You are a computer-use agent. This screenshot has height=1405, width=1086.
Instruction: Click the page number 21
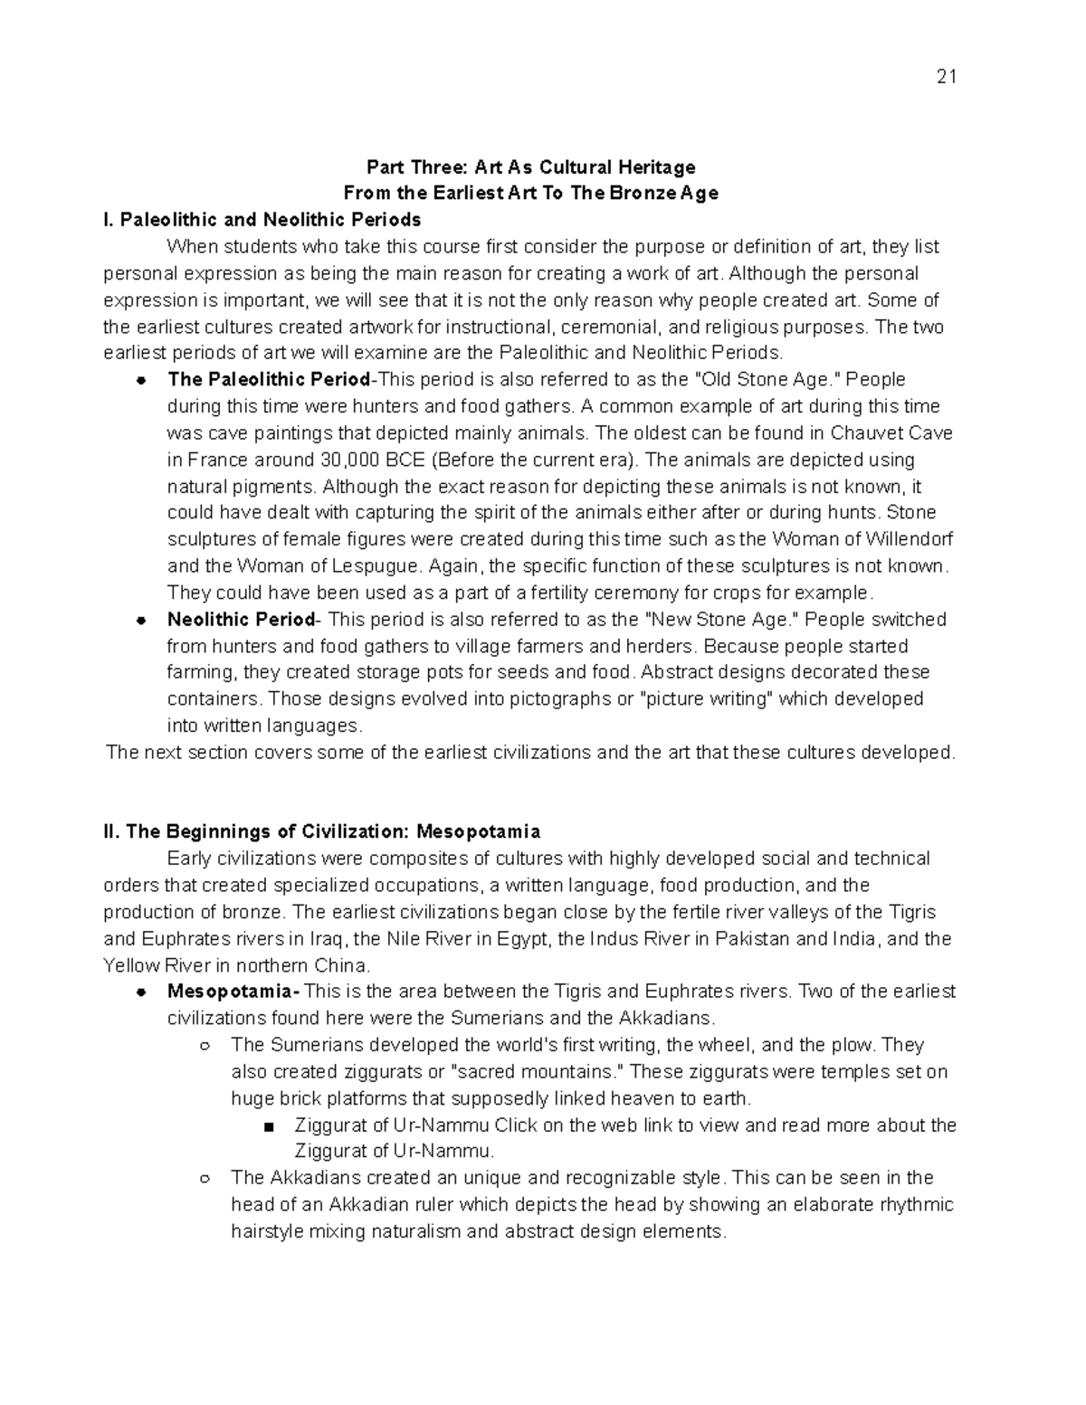[x=946, y=77]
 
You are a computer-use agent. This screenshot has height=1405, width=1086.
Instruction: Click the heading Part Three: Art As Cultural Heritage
[x=530, y=167]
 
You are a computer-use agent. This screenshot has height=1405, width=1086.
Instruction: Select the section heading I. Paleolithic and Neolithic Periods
[x=262, y=220]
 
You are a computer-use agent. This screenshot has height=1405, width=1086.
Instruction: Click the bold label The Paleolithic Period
[x=269, y=380]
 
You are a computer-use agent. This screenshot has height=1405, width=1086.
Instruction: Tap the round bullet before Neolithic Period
[x=141, y=622]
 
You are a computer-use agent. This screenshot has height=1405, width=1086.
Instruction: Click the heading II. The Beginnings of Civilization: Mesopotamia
[x=322, y=831]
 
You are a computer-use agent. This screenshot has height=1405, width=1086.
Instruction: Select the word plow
[x=855, y=1045]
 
